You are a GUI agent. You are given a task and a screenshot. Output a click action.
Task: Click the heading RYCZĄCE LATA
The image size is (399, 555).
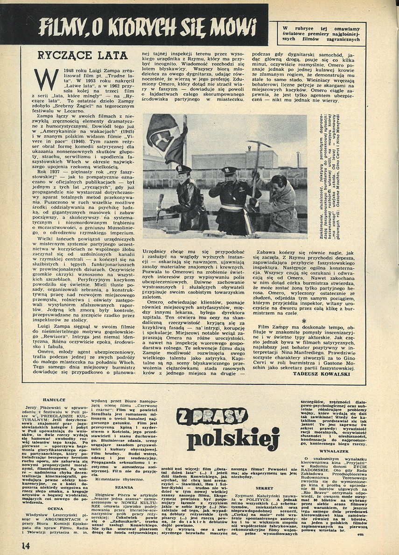coord(83,55)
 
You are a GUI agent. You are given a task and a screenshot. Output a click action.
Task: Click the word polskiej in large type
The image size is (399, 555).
coord(232,439)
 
